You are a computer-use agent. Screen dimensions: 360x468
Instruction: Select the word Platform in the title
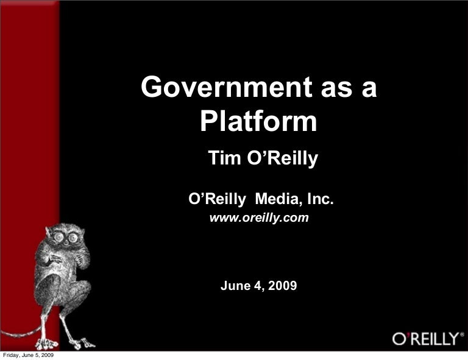pos(259,122)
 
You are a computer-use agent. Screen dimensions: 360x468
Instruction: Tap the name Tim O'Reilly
pos(263,159)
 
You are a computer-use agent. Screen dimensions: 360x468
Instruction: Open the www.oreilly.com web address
pos(259,217)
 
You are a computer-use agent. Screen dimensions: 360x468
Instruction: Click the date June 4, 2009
pos(259,285)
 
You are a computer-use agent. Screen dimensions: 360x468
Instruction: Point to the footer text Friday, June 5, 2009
pos(28,355)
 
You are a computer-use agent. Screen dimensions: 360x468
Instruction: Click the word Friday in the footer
pos(10,355)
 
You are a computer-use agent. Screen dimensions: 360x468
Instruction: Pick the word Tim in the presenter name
pos(221,159)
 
